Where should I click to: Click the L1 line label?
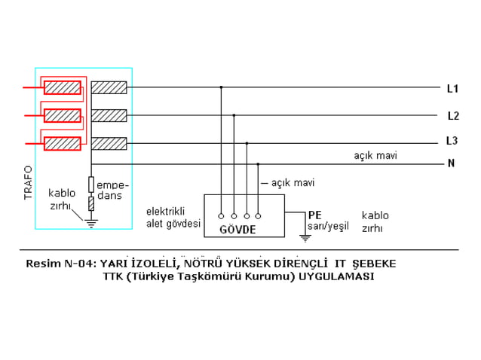tap(452, 89)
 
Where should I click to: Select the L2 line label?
tap(452, 116)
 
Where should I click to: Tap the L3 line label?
tap(452, 141)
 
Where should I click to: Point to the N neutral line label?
tap(451, 163)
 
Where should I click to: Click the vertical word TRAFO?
tap(28, 183)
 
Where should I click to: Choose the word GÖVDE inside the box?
tap(238, 228)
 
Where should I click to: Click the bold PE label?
tap(314, 215)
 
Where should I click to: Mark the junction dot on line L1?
tap(221, 87)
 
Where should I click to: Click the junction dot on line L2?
tap(234, 115)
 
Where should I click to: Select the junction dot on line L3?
tap(247, 142)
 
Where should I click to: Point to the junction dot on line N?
tap(258, 163)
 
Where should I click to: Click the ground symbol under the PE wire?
tap(305, 238)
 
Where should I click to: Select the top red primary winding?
tap(63, 87)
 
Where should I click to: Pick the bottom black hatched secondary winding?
tap(109, 143)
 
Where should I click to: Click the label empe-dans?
tap(113, 190)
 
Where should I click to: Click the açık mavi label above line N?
tap(375, 155)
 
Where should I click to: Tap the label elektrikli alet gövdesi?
tap(173, 218)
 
